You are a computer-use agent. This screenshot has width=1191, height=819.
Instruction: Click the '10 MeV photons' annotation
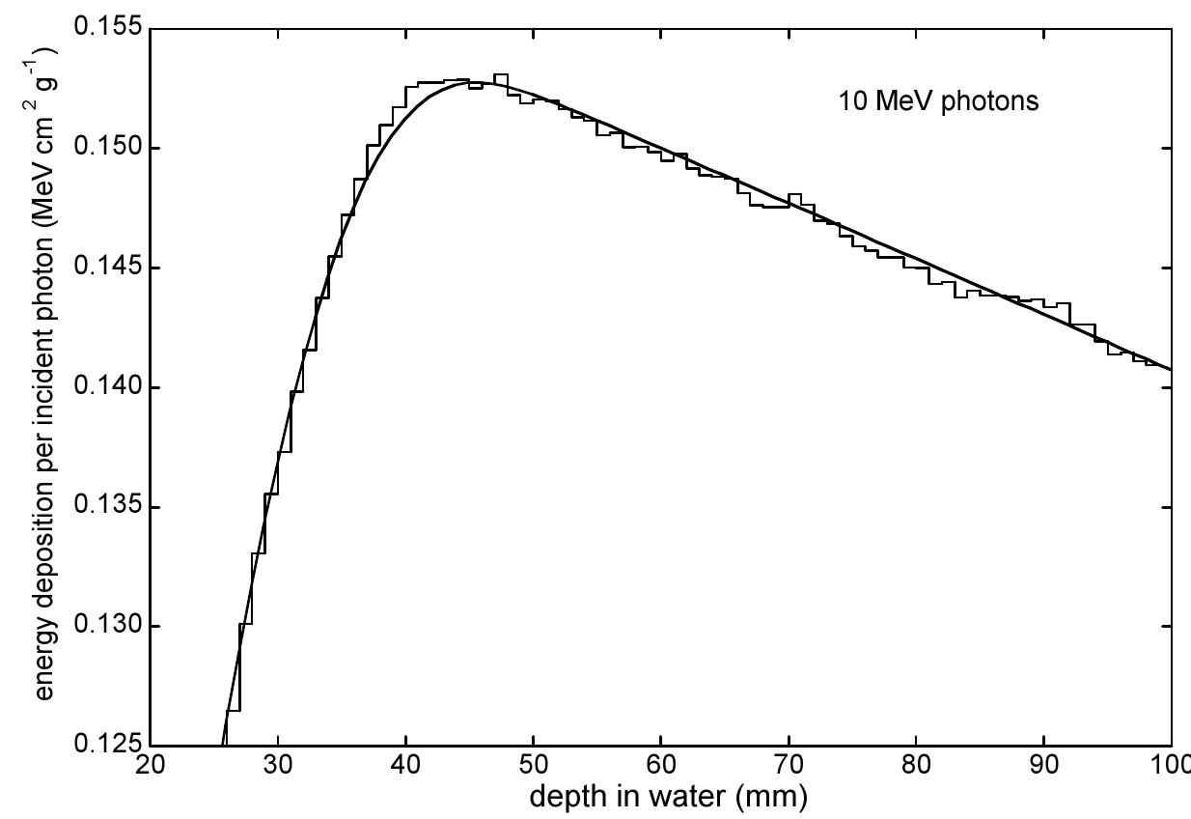tap(938, 101)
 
